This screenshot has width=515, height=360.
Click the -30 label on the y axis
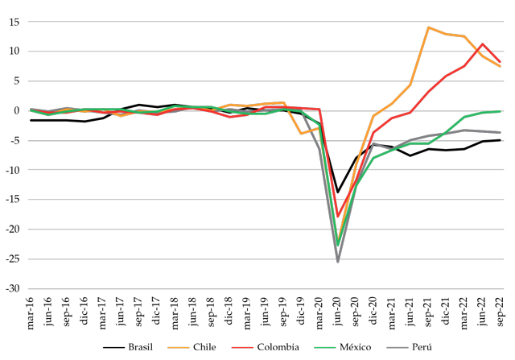[x=13, y=288]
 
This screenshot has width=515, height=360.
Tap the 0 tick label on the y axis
[x=18, y=110]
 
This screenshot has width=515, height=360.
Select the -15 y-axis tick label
[x=13, y=200]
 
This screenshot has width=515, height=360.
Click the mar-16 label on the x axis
[x=31, y=312]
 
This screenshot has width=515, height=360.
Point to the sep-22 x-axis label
[x=500, y=312]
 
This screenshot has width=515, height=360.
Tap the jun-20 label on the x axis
[x=338, y=312]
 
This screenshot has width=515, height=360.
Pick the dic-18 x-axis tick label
[x=229, y=312]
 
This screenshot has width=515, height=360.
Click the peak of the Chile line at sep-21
[x=428, y=27]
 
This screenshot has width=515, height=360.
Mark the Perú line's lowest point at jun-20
[x=338, y=261]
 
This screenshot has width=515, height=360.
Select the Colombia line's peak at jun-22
[x=482, y=44]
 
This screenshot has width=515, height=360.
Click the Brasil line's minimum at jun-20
[x=338, y=192]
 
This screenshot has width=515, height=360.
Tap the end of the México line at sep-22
[x=500, y=111]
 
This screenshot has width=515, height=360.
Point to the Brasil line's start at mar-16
[x=31, y=120]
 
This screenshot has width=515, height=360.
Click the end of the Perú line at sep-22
[x=500, y=132]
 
